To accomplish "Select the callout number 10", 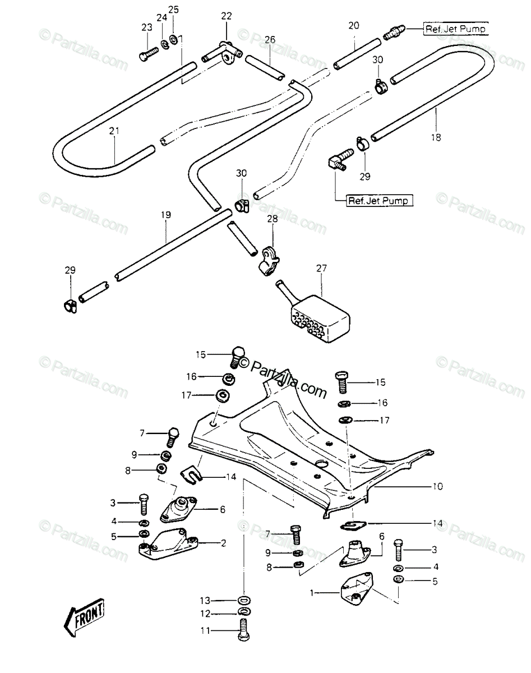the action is (x=438, y=486).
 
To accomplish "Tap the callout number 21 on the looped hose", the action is (x=114, y=131).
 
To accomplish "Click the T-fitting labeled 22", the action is (x=223, y=53).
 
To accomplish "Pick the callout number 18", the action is (x=436, y=137).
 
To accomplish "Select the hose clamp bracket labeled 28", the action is (x=269, y=261).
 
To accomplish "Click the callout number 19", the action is (x=166, y=215).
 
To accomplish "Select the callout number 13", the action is (x=205, y=601).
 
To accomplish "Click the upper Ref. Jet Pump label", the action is (x=455, y=29).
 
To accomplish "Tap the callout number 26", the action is (x=270, y=40).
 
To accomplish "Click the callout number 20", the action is (x=354, y=26).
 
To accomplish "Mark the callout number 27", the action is (x=321, y=268).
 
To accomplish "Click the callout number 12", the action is (x=205, y=614).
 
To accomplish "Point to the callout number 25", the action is (x=174, y=10).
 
